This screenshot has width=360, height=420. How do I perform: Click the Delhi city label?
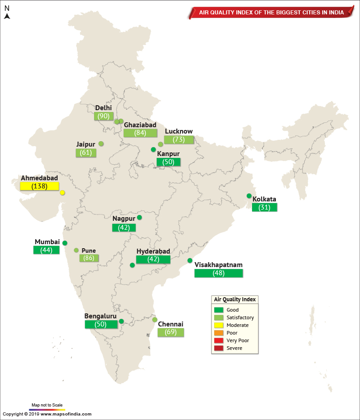[x=103, y=108]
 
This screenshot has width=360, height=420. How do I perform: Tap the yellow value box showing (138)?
[x=40, y=186]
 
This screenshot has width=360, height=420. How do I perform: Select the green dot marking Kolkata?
[x=249, y=196]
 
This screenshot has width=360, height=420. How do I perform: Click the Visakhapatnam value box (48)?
[x=219, y=273]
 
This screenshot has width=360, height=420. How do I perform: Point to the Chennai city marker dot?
[x=155, y=320]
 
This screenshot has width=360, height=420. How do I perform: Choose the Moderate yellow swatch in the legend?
[x=219, y=325]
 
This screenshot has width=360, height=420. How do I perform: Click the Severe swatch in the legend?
[x=219, y=348]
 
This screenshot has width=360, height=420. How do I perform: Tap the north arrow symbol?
[x=7, y=16]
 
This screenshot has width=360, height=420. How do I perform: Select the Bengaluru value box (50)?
[x=100, y=324]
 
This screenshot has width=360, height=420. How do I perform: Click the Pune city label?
[x=89, y=251]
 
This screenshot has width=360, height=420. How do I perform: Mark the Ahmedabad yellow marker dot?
[x=63, y=193]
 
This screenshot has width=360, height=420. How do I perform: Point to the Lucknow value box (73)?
[x=179, y=139]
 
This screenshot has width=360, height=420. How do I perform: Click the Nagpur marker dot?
[x=139, y=218]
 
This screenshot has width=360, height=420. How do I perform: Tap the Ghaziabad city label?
[x=140, y=125]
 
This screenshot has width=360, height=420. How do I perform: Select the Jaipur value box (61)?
[x=86, y=152]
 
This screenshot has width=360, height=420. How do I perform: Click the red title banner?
[x=270, y=13]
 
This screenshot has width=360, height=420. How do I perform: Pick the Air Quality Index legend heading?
[x=234, y=299]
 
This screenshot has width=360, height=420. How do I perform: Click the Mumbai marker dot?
[x=65, y=243]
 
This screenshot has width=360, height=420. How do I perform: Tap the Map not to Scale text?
[x=47, y=405]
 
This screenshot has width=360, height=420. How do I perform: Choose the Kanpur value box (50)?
[x=168, y=162]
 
